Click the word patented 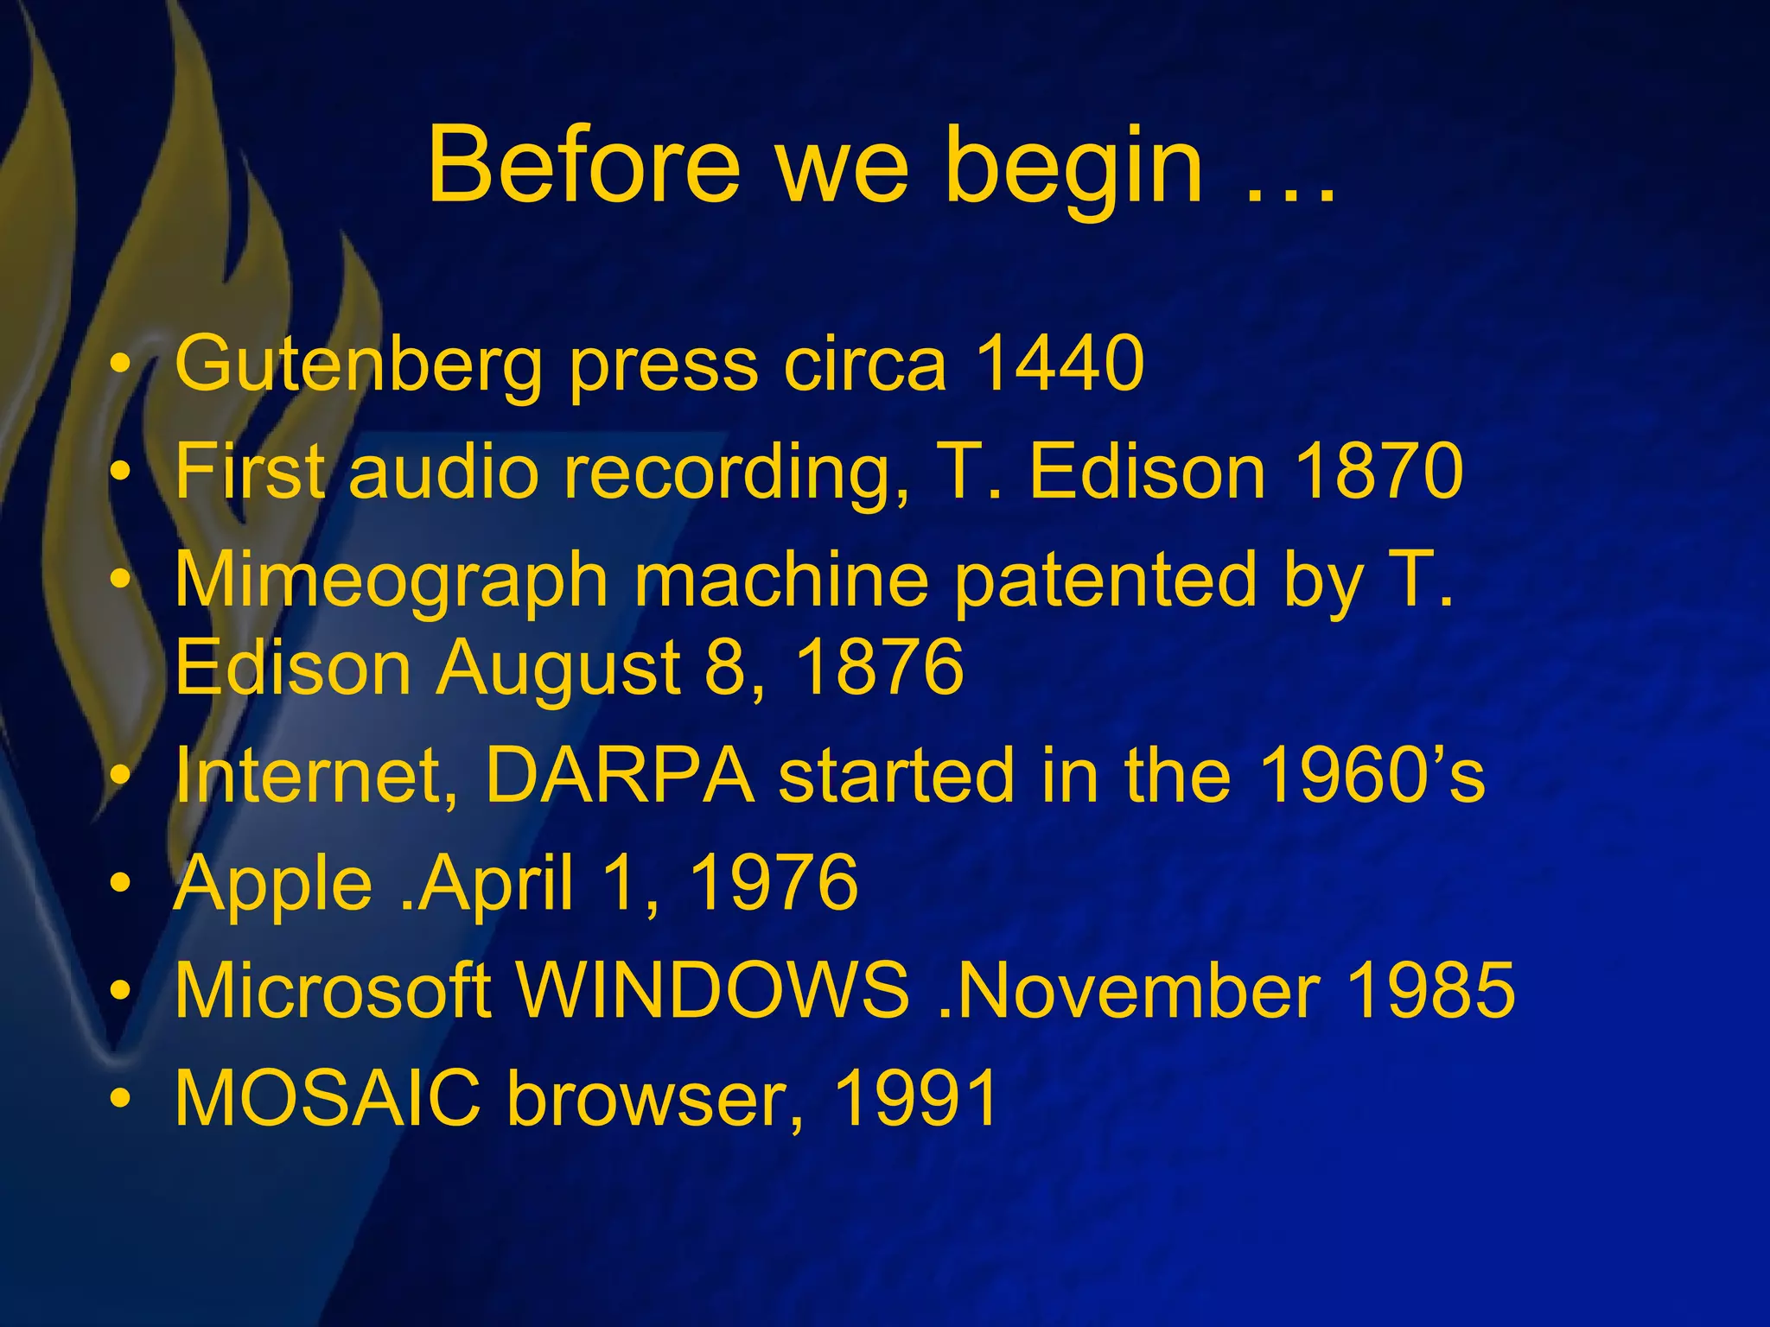[1104, 581]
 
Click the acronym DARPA [620, 774]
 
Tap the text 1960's [1372, 774]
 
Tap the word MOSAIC [328, 1098]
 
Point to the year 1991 [915, 1098]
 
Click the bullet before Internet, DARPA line [122, 774]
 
